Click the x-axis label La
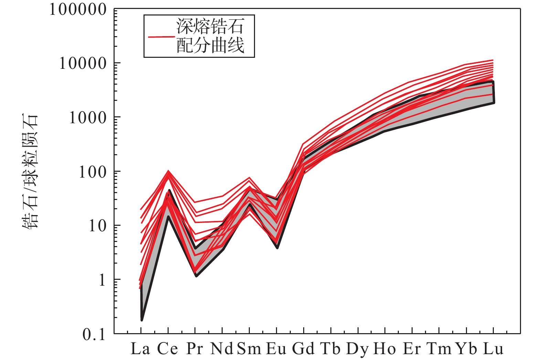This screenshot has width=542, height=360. (140, 349)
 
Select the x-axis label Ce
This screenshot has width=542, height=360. (168, 349)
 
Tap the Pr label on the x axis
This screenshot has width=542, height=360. (195, 349)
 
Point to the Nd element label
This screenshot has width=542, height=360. (222, 349)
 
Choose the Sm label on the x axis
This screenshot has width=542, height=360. (249, 349)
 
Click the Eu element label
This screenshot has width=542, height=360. (276, 349)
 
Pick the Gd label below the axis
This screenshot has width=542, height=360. (303, 349)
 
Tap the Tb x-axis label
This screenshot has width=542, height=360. (330, 349)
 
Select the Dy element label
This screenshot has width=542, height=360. (358, 349)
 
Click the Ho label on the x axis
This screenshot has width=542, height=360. (384, 349)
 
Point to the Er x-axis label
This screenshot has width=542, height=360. (412, 349)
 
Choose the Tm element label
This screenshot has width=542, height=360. (439, 349)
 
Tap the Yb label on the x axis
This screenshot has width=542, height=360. (466, 349)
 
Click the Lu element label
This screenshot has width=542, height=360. (493, 349)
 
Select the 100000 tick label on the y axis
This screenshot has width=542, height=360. (78, 10)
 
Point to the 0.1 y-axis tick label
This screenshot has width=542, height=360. (94, 334)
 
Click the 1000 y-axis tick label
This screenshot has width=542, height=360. (88, 118)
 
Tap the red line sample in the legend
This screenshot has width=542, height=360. (161, 36)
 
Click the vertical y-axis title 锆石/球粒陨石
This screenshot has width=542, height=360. (31, 171)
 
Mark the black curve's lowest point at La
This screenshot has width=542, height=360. (142, 320)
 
